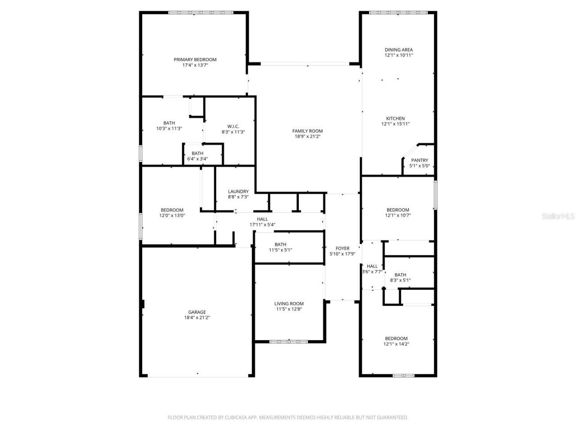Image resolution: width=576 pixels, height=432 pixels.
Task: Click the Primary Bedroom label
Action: [x=195, y=59]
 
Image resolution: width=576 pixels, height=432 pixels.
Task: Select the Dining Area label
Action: [x=398, y=50]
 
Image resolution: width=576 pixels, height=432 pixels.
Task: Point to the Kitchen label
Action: [x=395, y=118]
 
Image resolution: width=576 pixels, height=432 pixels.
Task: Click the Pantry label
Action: [x=419, y=160]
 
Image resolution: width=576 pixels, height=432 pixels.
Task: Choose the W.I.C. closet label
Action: [x=233, y=126]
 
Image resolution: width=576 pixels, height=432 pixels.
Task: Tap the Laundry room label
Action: [x=238, y=191]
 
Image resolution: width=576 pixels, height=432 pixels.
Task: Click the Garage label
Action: [x=197, y=312]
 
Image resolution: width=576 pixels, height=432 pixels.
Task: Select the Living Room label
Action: [x=289, y=303]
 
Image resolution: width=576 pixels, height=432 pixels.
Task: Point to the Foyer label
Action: [x=342, y=248]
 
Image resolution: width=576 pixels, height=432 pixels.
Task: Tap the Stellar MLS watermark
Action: [x=558, y=216]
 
